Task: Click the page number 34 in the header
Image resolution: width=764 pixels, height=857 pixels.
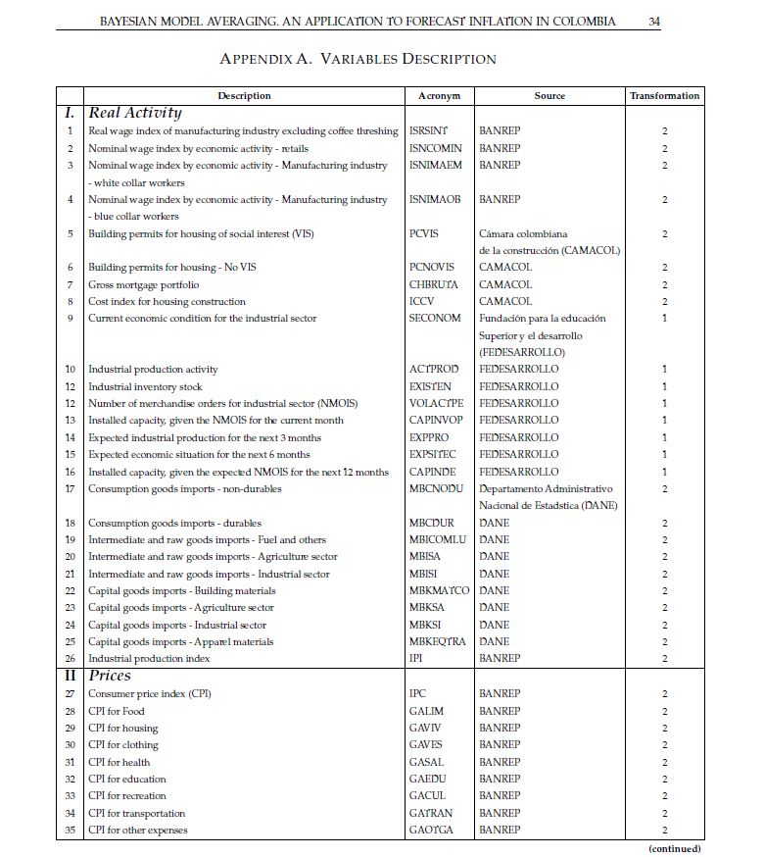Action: [654, 22]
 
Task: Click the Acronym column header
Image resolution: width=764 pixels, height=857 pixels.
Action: [439, 96]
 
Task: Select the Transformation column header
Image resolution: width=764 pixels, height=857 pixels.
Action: [664, 96]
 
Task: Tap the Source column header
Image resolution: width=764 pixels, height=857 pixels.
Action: [549, 96]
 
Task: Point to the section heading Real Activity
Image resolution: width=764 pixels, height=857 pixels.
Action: [135, 113]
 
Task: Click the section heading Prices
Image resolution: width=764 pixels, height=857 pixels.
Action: [110, 676]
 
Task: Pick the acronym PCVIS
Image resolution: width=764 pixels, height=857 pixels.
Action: [424, 234]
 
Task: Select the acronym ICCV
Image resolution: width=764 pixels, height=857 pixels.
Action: [421, 302]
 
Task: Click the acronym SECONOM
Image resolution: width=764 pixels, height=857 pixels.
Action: [435, 319]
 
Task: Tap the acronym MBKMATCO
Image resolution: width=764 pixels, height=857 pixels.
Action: [439, 591]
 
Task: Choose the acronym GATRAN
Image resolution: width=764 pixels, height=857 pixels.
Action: [432, 813]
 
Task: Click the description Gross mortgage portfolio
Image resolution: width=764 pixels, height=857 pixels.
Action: [143, 285]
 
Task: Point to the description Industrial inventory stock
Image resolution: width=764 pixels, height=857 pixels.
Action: [146, 386]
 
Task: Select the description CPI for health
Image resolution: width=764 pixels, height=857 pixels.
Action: [119, 762]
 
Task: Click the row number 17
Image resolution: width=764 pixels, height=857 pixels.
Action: [70, 488]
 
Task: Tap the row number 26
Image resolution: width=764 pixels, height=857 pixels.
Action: [70, 659]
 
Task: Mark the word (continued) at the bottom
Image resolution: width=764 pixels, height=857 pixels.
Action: [675, 848]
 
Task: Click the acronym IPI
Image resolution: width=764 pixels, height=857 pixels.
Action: [417, 659]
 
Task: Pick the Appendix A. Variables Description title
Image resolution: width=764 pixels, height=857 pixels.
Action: [358, 59]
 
